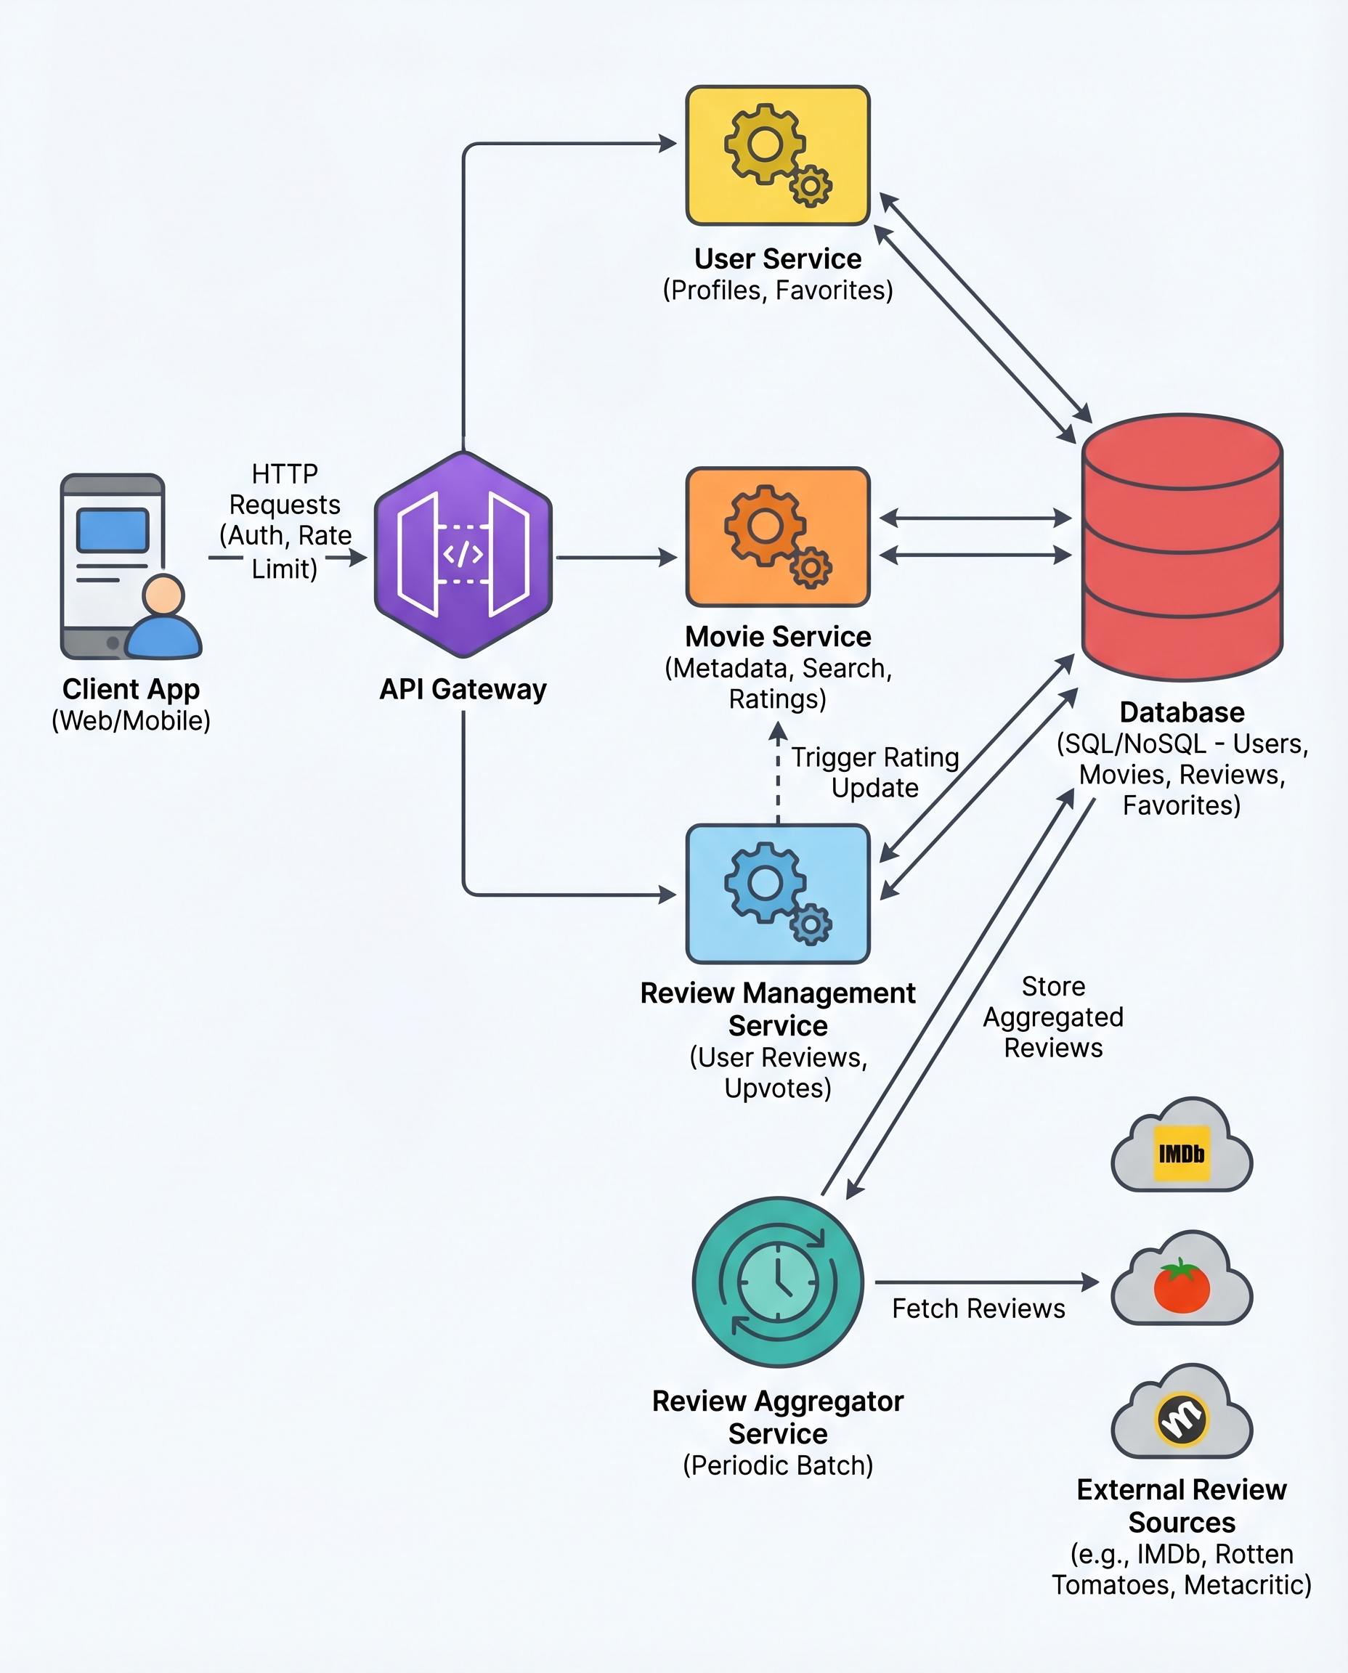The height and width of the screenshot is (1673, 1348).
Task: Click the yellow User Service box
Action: coord(777,155)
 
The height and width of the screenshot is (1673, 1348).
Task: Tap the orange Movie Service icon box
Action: coord(777,537)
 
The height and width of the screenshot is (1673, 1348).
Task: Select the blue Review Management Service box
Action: coord(777,894)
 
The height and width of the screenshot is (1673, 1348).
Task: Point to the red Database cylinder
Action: coord(1181,548)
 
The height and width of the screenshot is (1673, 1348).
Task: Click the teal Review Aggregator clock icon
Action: coord(777,1282)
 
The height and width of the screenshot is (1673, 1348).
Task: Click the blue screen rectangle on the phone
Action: coord(113,530)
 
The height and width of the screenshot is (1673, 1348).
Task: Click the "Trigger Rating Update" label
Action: coord(874,773)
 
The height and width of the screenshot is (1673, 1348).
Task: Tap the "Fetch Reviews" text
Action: coord(978,1309)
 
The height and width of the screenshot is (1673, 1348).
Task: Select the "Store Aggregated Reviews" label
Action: coord(1053,1017)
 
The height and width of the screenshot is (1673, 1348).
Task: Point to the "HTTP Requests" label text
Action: coord(284,489)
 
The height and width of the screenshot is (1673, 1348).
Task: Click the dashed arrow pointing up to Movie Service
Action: coord(778,776)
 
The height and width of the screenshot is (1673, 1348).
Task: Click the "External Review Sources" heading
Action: coord(1181,1506)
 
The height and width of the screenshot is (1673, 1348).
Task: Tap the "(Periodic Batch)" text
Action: coord(777,1466)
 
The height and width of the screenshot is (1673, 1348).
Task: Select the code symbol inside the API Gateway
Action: coord(463,554)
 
